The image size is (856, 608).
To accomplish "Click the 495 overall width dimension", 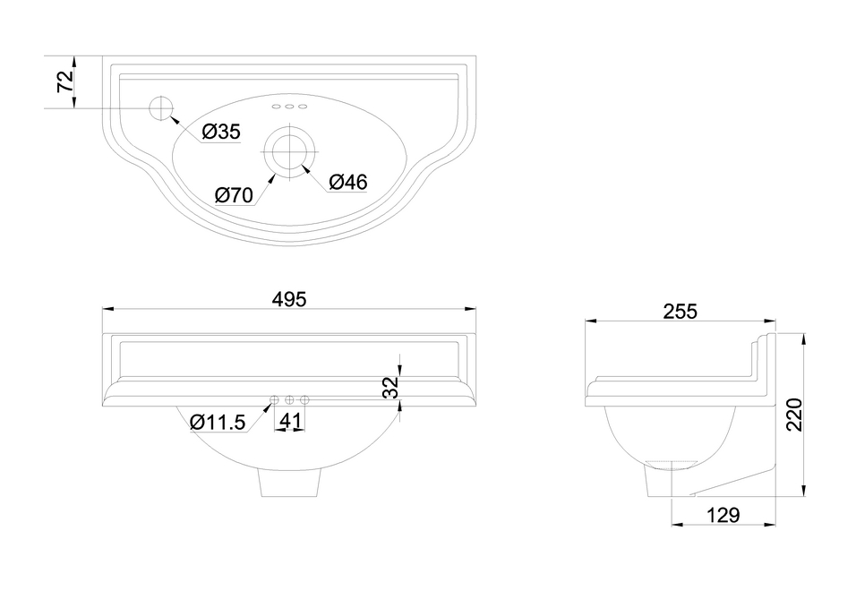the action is tap(290, 299).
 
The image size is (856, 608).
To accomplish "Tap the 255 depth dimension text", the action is tap(681, 311).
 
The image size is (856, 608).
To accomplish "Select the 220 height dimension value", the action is tap(794, 415).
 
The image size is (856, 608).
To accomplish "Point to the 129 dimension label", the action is tap(723, 515).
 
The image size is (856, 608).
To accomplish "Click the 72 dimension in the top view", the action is tap(65, 81).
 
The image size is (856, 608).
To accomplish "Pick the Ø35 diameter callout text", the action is tap(221, 132).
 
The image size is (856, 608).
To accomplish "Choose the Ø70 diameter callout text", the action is tap(235, 195).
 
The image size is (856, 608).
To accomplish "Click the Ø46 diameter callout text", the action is tap(348, 182).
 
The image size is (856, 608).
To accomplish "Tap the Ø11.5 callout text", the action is tap(218, 422).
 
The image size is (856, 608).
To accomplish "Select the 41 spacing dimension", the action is tap(290, 421).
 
